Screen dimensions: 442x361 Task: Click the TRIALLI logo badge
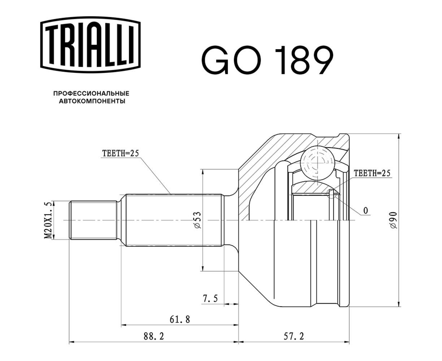pos(90,45)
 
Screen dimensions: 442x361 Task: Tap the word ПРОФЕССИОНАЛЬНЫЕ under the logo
pos(91,93)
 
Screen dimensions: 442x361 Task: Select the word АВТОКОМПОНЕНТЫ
pos(92,101)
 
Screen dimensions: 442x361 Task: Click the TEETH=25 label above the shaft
pos(120,153)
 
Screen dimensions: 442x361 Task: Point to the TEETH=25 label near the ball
pos(372,173)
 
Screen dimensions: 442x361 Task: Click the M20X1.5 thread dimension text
pos(48,220)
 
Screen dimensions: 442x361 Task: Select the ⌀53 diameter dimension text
pos(197,220)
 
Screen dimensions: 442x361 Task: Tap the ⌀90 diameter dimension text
pos(393,220)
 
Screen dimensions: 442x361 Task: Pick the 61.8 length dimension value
pos(180,319)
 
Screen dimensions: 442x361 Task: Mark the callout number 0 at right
pos(366,210)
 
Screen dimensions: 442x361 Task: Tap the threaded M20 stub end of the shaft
pos(93,220)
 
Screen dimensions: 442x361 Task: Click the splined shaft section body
pos(173,220)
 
